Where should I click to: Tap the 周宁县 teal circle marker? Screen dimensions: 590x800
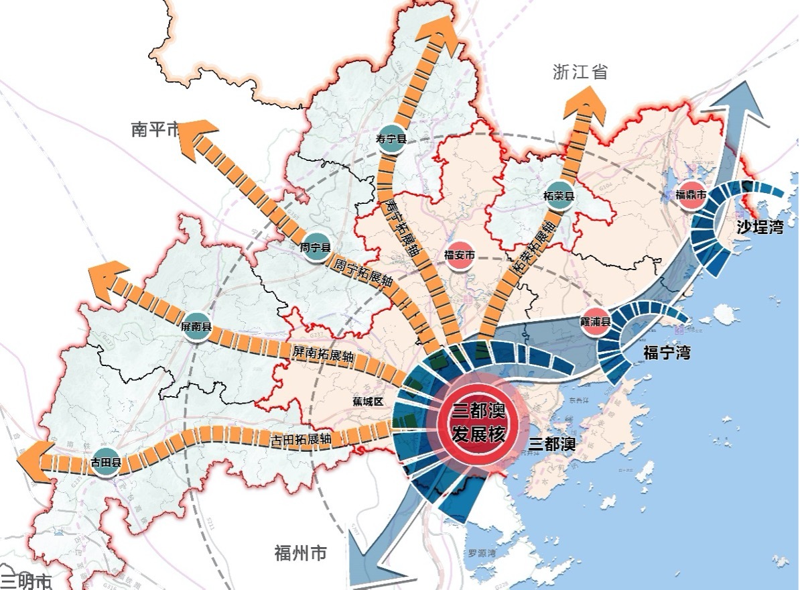[316, 247]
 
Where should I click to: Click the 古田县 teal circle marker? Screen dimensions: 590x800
[106, 463]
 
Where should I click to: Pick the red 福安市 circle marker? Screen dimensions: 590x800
[460, 255]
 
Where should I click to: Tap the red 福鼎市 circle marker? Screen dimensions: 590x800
[691, 195]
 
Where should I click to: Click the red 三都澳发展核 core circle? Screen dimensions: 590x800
[478, 422]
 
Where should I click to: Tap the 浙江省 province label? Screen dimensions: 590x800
[580, 72]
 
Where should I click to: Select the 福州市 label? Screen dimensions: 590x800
[301, 554]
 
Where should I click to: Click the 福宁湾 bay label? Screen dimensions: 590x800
[666, 352]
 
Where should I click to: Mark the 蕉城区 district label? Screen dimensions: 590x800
[367, 401]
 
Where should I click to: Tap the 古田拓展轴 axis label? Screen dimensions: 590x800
[302, 440]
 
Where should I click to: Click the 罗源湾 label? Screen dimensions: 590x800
[481, 554]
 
